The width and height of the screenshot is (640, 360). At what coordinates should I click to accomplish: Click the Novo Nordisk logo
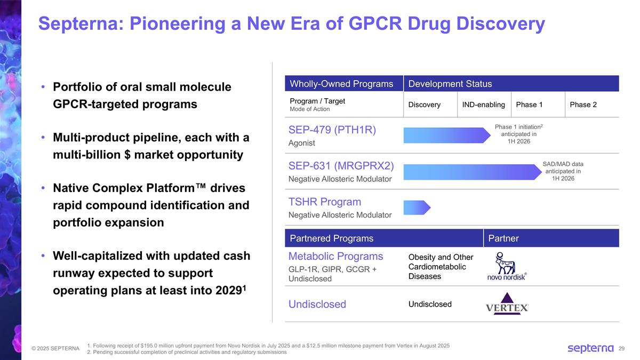[x=507, y=267]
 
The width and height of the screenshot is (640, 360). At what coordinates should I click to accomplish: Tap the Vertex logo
[x=507, y=303]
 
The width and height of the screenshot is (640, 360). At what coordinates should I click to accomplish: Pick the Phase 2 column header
[x=583, y=105]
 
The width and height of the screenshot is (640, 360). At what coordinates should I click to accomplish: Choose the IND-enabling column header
[x=483, y=105]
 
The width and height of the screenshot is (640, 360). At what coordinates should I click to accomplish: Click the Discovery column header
[x=424, y=105]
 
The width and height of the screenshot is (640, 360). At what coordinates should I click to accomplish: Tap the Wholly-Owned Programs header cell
[x=341, y=84]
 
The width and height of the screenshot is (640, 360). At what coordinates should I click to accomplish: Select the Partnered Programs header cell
[x=331, y=238]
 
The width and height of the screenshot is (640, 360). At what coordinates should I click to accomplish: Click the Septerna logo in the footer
[x=590, y=348]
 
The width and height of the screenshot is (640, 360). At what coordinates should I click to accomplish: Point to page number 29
[x=621, y=349]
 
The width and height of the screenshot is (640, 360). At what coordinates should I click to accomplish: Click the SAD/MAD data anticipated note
[x=563, y=171]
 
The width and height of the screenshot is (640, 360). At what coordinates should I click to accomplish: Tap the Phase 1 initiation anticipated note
[x=519, y=134]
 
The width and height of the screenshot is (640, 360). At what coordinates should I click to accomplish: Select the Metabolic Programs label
[x=335, y=256]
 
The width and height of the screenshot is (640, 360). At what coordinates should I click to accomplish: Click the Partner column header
[x=503, y=238]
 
